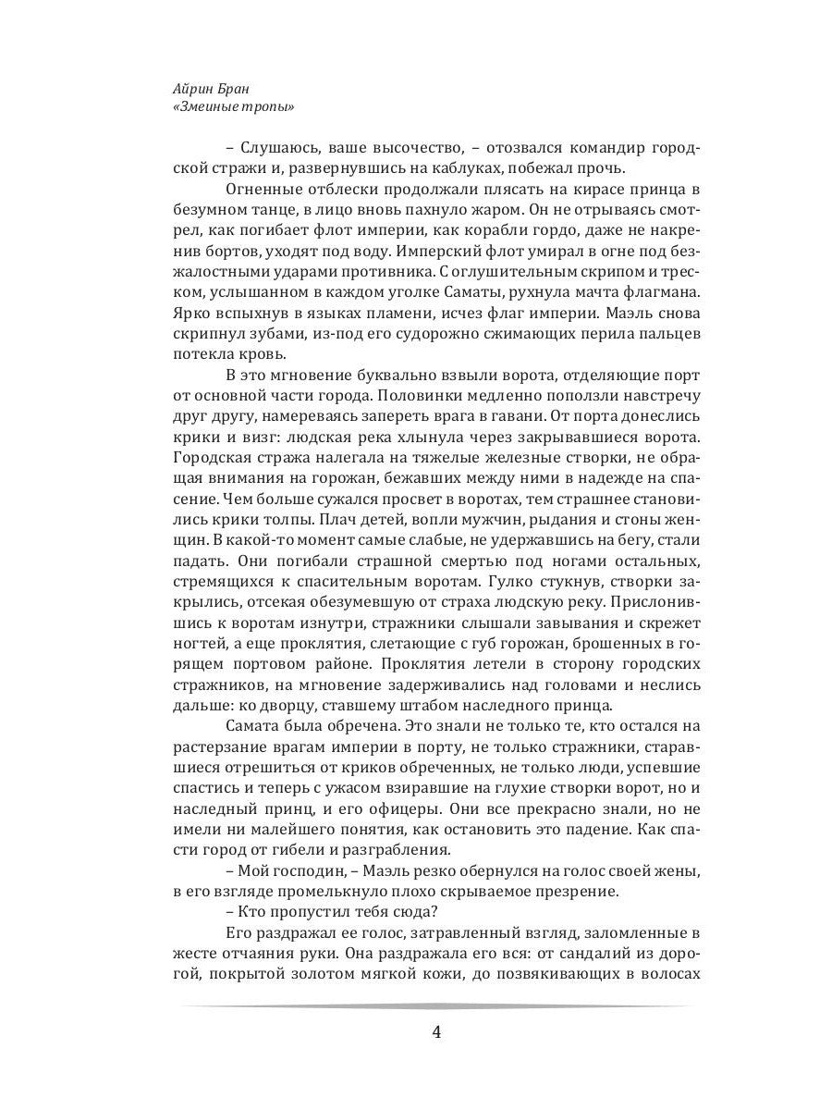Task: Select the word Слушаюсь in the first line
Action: (x=276, y=149)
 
